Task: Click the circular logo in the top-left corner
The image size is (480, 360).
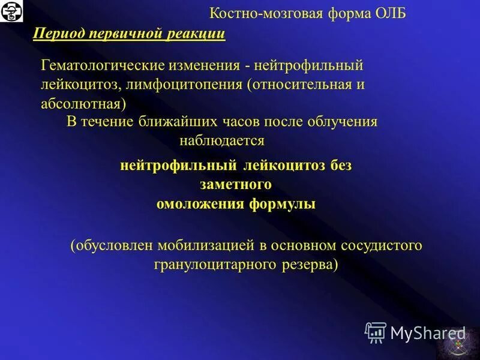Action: (x=11, y=11)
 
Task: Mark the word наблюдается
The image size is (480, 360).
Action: (x=222, y=141)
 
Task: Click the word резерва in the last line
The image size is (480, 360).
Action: (x=307, y=265)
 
